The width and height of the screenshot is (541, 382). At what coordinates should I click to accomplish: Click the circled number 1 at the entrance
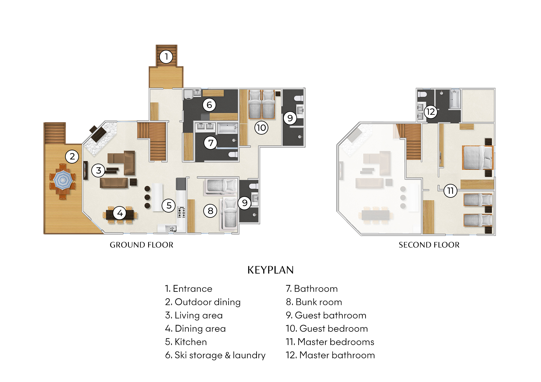tap(166, 57)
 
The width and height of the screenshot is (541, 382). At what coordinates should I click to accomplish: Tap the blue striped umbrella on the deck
tap(63, 180)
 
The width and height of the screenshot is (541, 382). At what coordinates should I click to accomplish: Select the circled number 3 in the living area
tap(98, 170)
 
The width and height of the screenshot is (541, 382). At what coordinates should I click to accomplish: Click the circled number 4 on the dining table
tap(120, 213)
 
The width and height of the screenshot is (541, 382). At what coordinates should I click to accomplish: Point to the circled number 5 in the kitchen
tap(169, 205)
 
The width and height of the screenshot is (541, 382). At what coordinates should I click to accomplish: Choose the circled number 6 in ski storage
tap(209, 105)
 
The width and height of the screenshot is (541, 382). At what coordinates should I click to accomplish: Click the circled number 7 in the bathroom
tap(211, 143)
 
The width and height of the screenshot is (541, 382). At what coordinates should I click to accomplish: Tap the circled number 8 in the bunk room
tap(210, 211)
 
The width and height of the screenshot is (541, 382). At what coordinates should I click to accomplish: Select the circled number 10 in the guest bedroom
tap(261, 128)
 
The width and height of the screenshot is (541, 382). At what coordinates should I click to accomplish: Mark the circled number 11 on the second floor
tap(450, 191)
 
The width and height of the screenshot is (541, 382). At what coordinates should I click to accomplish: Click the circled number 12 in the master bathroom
tap(431, 112)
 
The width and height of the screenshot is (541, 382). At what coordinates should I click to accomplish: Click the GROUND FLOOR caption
tap(141, 245)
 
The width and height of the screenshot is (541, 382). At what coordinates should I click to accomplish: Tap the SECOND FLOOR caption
tap(429, 245)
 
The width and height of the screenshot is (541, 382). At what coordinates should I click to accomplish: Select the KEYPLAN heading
tap(270, 270)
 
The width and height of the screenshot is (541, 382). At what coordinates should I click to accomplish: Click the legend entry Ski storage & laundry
tap(215, 355)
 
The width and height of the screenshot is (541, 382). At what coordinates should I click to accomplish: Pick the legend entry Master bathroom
tap(330, 355)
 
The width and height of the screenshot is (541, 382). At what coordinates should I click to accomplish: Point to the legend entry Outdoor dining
tap(203, 302)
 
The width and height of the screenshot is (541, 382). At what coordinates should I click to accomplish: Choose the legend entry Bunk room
tap(314, 302)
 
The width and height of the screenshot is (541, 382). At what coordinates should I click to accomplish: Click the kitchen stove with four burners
tap(181, 212)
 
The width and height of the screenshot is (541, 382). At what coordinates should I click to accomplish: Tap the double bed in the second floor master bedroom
tap(477, 157)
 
